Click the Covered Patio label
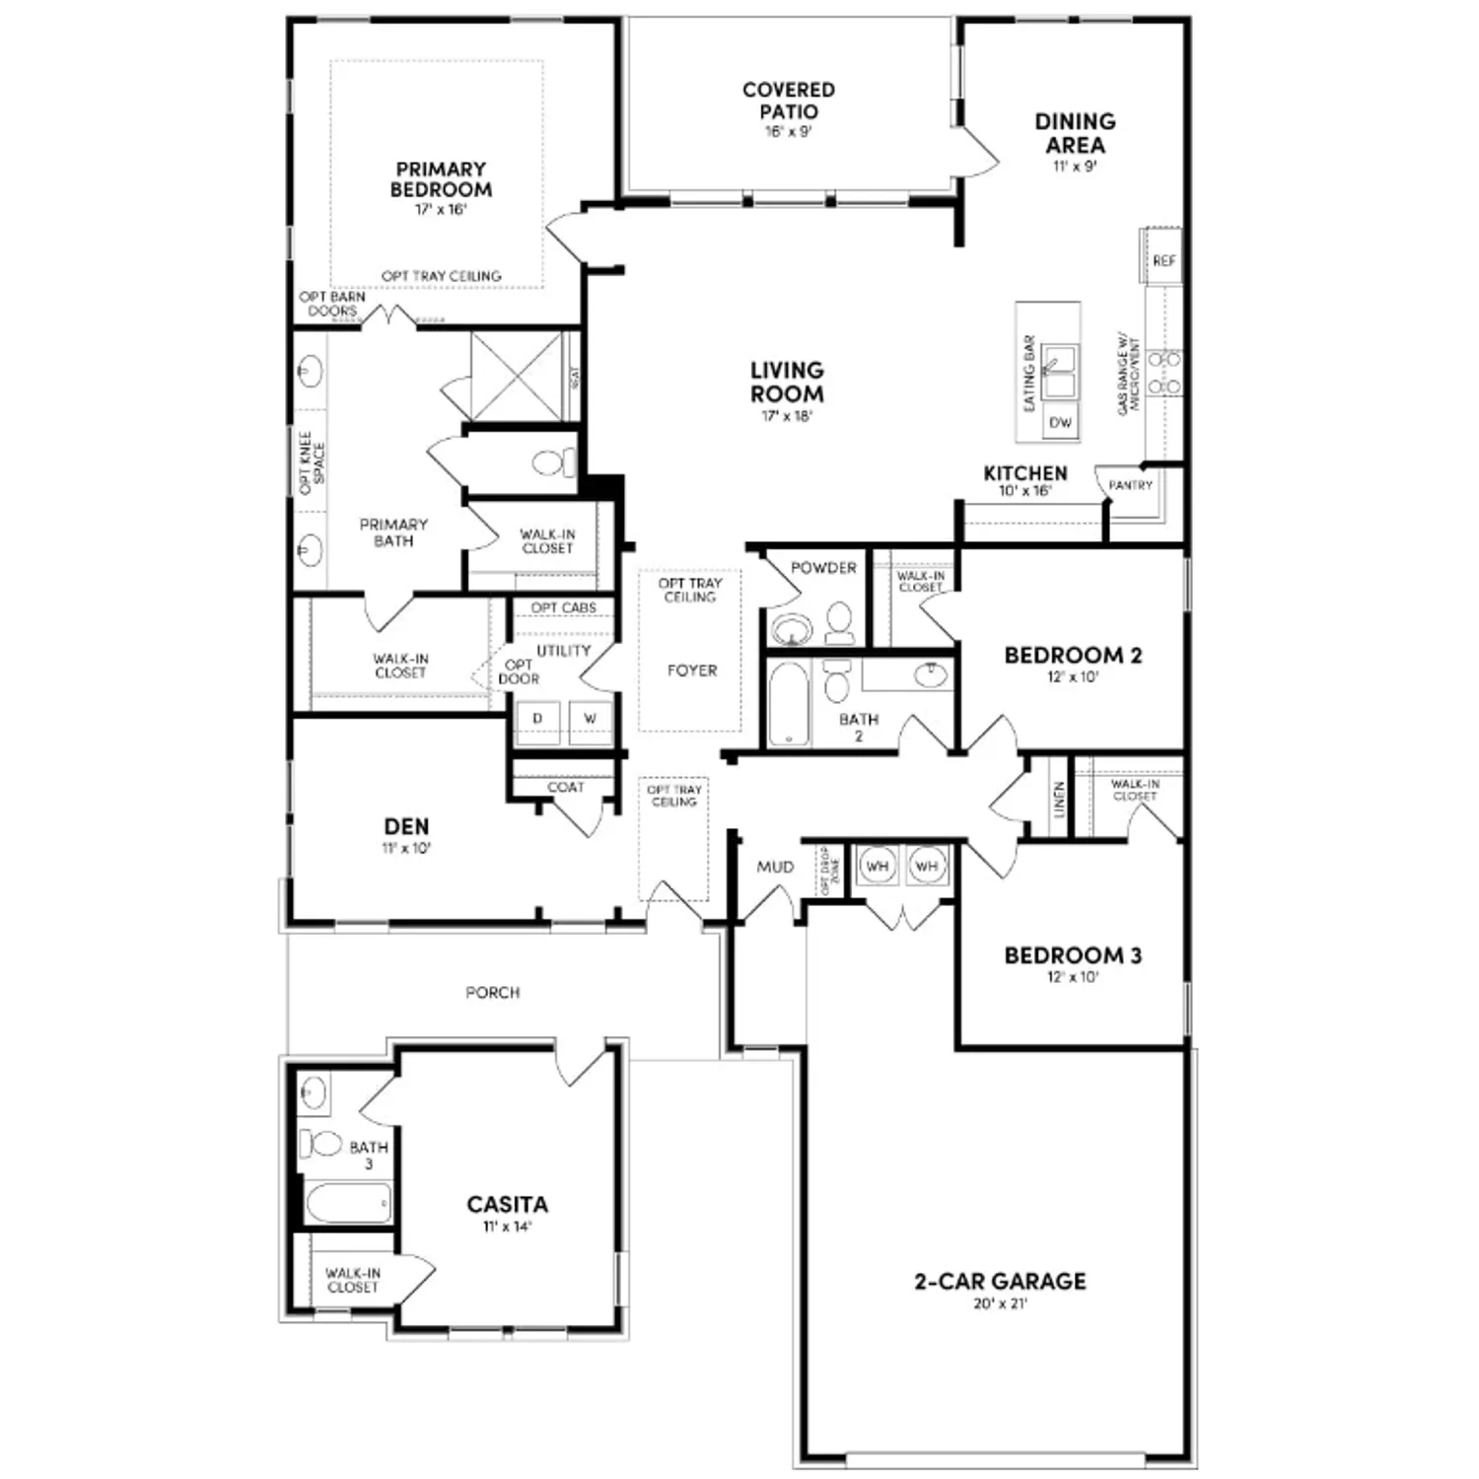[x=788, y=101]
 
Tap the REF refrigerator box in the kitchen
[x=1163, y=261]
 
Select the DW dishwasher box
[x=1060, y=423]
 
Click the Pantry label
[x=1130, y=485]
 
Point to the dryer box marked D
[x=537, y=719]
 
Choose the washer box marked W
[x=590, y=719]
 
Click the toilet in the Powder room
[x=839, y=622]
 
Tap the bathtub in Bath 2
[x=788, y=704]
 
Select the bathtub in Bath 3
[x=347, y=1203]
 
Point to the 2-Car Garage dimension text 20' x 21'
[x=1000, y=1303]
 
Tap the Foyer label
[x=691, y=670]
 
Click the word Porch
[x=492, y=992]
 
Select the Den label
[x=406, y=827]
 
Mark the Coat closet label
[x=565, y=787]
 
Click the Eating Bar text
[x=1029, y=373]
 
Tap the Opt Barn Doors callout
[x=332, y=304]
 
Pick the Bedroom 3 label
[x=1073, y=955]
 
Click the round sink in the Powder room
[x=789, y=628]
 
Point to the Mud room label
[x=775, y=867]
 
